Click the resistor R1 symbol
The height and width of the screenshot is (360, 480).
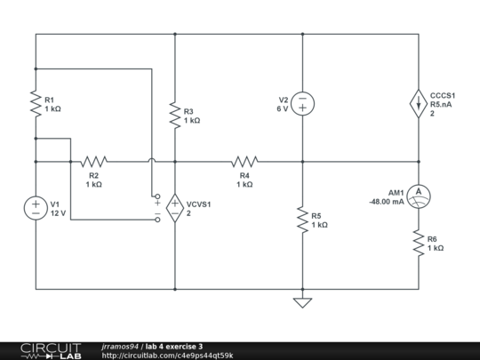(36, 106)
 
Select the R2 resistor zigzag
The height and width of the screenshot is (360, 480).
(93, 162)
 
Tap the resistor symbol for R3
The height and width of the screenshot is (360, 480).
(175, 114)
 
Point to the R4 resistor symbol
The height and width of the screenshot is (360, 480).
(244, 162)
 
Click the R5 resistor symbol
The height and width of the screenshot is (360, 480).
(302, 218)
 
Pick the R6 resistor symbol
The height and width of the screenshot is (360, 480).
(418, 242)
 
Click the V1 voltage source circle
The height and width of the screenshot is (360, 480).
(36, 207)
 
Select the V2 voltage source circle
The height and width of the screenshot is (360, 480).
(302, 103)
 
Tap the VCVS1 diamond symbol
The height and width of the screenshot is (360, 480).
(175, 207)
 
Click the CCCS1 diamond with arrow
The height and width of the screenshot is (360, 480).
(418, 103)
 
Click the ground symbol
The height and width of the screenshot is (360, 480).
(302, 302)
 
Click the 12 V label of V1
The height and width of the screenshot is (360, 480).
(59, 213)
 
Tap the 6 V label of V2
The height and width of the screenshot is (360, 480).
(283, 108)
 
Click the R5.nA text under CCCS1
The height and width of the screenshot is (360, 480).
(443, 104)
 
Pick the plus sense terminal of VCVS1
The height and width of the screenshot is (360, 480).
(157, 196)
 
